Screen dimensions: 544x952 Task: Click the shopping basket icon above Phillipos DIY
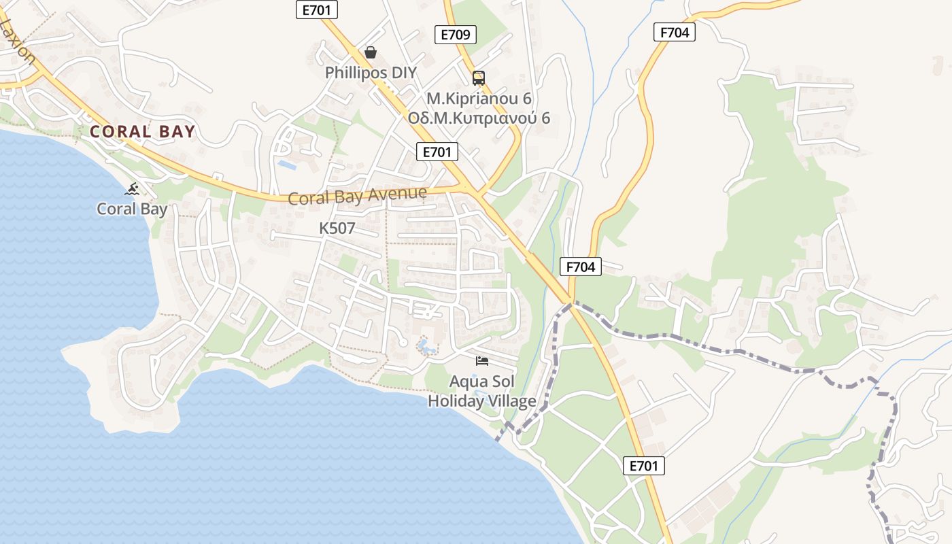tap(371, 52)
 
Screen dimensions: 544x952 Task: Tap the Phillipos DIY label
tap(371, 73)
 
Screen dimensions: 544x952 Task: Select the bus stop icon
tap(479, 78)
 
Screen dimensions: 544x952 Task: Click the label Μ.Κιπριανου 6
tap(479, 98)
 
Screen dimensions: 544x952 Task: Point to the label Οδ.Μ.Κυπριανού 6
tap(479, 118)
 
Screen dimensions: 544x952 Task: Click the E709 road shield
tap(456, 35)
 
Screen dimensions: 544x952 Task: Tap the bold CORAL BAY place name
tap(143, 132)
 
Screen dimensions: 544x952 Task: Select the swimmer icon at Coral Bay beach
tap(133, 188)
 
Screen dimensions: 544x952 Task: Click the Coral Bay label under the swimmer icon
tap(132, 209)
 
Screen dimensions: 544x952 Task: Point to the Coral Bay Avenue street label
tap(358, 196)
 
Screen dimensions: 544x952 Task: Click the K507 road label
tap(337, 228)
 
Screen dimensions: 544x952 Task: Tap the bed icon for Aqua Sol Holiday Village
tap(482, 360)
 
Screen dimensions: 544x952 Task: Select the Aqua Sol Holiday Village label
tap(482, 391)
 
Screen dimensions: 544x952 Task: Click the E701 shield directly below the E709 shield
tap(437, 152)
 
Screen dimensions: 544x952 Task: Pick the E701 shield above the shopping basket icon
tap(317, 9)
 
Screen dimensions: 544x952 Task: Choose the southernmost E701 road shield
tap(643, 466)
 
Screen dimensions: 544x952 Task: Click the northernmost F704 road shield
tap(675, 32)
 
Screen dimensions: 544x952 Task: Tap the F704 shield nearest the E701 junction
tap(581, 267)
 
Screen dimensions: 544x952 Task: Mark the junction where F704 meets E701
tap(571, 303)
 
